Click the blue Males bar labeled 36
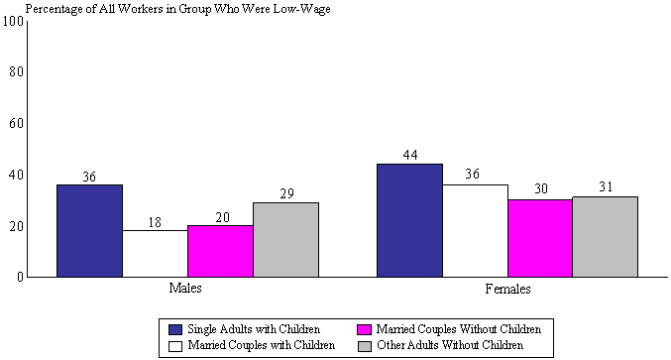pos(89,230)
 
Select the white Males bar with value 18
pos(156,253)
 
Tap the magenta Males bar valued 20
pos(220,251)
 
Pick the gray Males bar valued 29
pos(285,239)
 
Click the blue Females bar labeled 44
pos(409,220)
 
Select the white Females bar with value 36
pos(475,230)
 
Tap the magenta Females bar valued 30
pos(540,238)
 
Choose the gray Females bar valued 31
pos(605,236)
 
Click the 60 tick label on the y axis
pos(15,124)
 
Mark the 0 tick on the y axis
pos(19,278)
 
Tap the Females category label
pos(507,290)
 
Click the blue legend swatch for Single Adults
pos(175,328)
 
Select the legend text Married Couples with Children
pos(261,344)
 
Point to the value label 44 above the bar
pos(409,156)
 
